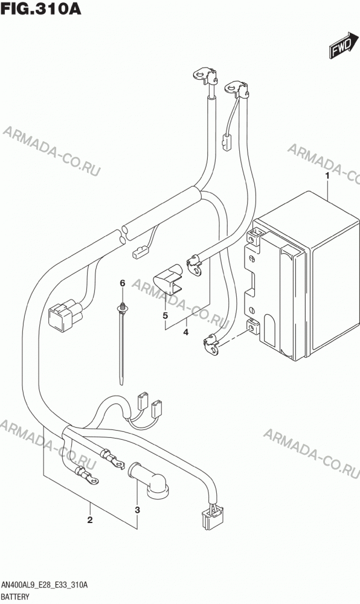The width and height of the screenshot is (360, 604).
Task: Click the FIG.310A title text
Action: pyautogui.click(x=41, y=8)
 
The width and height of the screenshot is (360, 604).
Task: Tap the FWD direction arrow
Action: pyautogui.click(x=341, y=46)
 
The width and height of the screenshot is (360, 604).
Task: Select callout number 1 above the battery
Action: pyautogui.click(x=327, y=176)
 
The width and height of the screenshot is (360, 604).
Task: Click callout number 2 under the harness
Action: pyautogui.click(x=90, y=520)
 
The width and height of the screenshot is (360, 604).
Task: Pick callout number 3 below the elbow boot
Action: pyautogui.click(x=138, y=510)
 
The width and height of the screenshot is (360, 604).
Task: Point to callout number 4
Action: pyautogui.click(x=186, y=332)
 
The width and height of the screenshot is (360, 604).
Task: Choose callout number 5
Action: pyautogui.click(x=165, y=316)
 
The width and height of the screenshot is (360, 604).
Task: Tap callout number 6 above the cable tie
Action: pyautogui.click(x=123, y=283)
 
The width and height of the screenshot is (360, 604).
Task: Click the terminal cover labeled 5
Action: pyautogui.click(x=169, y=278)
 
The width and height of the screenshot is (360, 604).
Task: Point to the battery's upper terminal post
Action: pyautogui.click(x=252, y=237)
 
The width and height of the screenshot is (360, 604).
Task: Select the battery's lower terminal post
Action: pyautogui.click(x=252, y=327)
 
